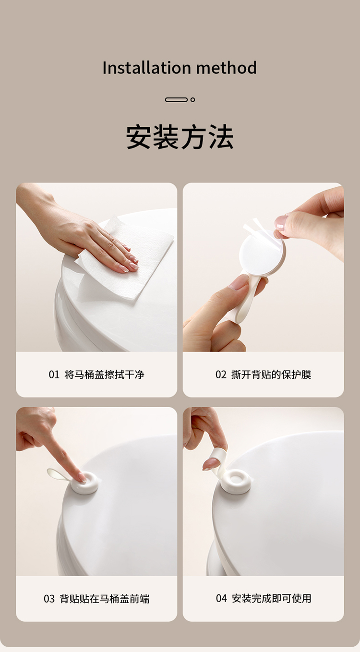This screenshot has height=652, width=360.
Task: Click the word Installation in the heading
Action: click(147, 68)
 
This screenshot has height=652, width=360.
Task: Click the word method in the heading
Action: click(227, 68)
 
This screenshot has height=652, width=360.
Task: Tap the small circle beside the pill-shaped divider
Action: click(192, 100)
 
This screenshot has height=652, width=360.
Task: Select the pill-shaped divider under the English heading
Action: click(176, 100)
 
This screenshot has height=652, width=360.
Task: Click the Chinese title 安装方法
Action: click(180, 137)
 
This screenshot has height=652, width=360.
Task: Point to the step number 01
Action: click(54, 374)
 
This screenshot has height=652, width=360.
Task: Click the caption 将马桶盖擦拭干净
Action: click(105, 374)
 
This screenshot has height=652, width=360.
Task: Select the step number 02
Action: click(221, 374)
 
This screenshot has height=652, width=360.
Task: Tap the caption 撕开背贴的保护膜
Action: click(271, 374)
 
